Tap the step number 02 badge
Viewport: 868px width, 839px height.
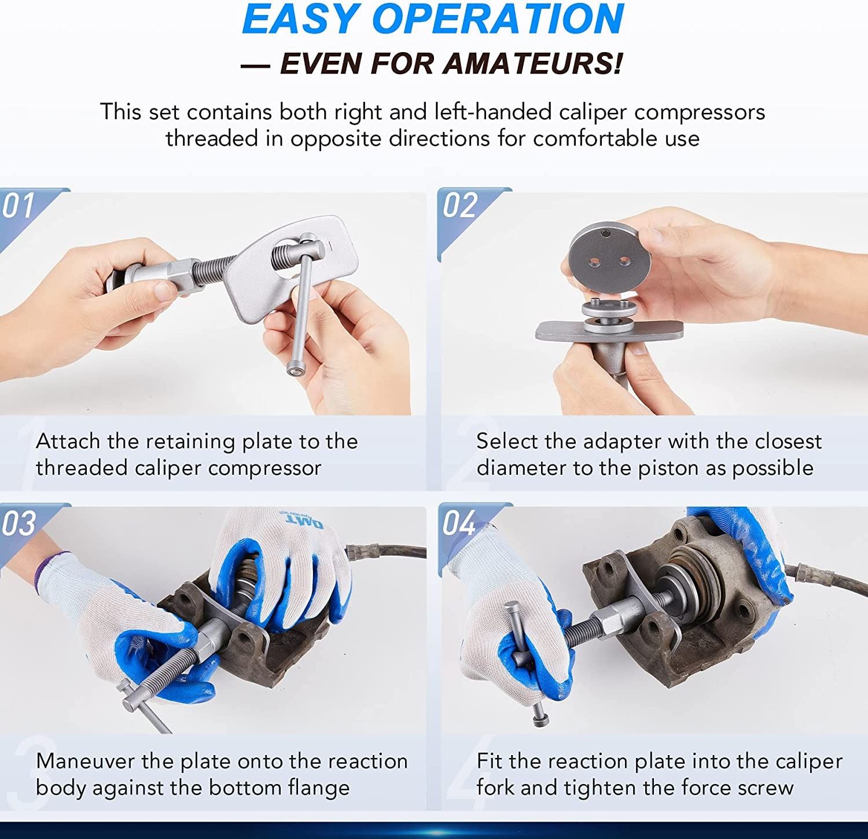[460, 205]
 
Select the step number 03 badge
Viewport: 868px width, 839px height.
[19, 523]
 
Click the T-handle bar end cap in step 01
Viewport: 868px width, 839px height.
[295, 368]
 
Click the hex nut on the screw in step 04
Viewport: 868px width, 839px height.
[617, 623]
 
